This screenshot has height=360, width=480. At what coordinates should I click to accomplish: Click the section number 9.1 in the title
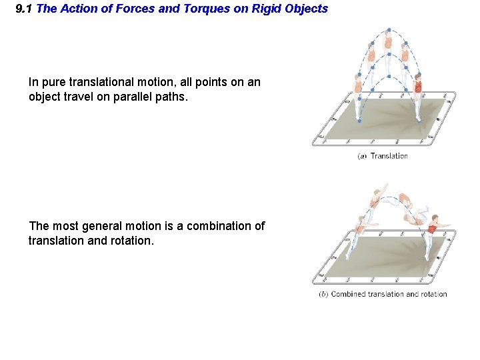pyautogui.click(x=25, y=9)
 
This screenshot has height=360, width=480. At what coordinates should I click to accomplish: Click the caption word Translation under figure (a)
pyautogui.click(x=389, y=156)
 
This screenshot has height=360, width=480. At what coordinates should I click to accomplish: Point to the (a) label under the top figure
pyautogui.click(x=363, y=156)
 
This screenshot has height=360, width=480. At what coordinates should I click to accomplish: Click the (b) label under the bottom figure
pyautogui.click(x=323, y=294)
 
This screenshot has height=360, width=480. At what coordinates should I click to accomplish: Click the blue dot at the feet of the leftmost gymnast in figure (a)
pyautogui.click(x=359, y=121)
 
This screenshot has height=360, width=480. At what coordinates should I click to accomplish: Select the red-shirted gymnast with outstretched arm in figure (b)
pyautogui.click(x=434, y=229)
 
